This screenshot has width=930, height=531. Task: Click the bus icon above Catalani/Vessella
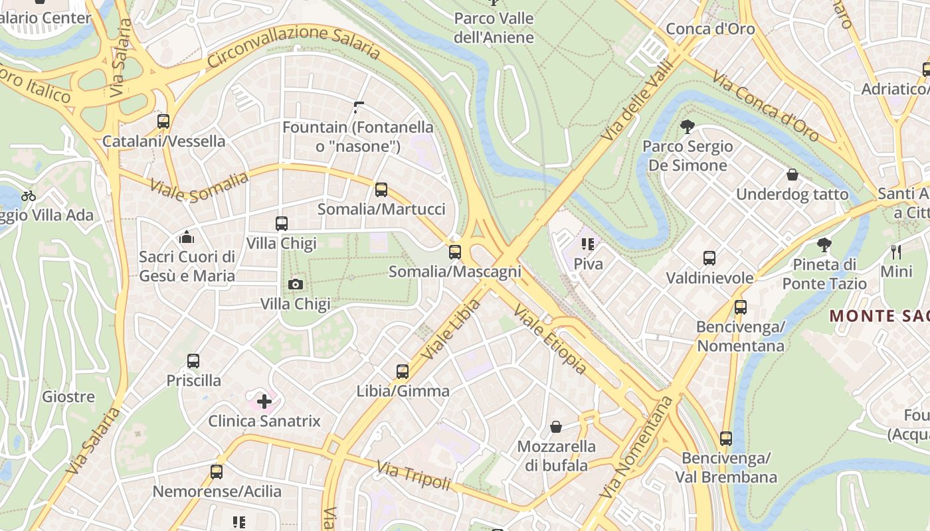[x=163, y=121]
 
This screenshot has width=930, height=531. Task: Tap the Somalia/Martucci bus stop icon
[x=381, y=190]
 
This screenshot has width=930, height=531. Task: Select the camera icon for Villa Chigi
[x=296, y=285]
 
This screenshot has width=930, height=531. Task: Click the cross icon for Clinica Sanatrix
[x=264, y=401]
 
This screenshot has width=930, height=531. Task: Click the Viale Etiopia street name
[x=550, y=341]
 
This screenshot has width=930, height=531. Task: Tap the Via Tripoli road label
[x=413, y=476]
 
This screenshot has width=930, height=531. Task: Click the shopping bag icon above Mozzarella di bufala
[x=555, y=427]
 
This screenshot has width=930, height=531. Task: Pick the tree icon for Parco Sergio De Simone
[x=688, y=126]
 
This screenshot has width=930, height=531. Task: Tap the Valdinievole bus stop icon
[x=709, y=258]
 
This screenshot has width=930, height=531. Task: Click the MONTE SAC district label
[x=880, y=316]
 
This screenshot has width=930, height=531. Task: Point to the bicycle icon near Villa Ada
[x=29, y=196]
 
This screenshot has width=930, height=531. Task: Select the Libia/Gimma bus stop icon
[x=403, y=372]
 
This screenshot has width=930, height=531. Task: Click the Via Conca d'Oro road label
[x=765, y=106]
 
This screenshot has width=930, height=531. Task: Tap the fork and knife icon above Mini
[x=896, y=252]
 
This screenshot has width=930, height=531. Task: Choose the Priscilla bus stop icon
[x=193, y=361]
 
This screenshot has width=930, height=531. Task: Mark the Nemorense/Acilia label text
[x=217, y=492]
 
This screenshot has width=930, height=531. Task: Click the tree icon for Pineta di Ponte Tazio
[x=824, y=245]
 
